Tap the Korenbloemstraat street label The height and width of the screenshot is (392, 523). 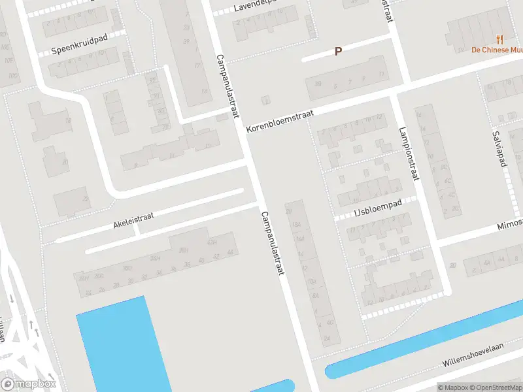point(280,122)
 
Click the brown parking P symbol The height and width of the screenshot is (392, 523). point(338,51)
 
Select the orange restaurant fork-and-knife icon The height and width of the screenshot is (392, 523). point(500,39)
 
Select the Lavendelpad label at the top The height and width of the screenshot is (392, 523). point(255,7)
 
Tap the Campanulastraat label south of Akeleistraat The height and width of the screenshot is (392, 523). point(273,242)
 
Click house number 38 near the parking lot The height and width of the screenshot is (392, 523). point(318,84)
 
